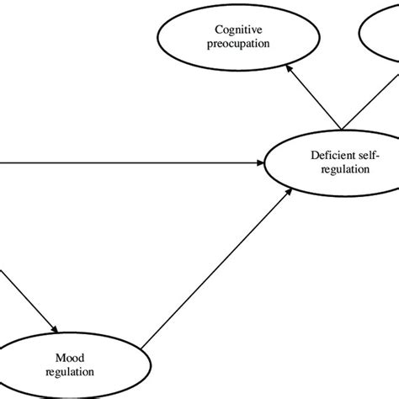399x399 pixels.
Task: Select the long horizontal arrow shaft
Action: tap(126, 162)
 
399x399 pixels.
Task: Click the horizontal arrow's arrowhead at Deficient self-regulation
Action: tap(260, 162)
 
